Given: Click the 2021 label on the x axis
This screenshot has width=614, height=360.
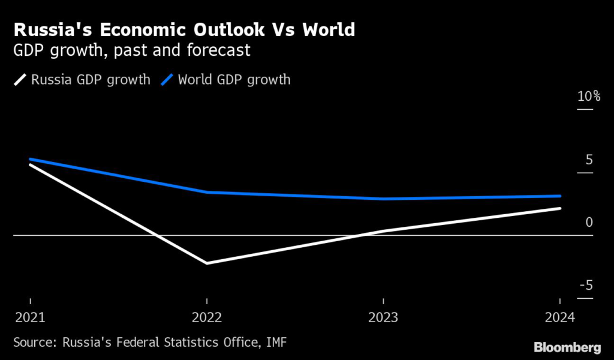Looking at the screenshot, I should pyautogui.click(x=30, y=317).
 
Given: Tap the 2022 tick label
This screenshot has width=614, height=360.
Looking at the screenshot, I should pyautogui.click(x=207, y=317).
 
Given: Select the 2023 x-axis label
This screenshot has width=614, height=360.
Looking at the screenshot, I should pyautogui.click(x=383, y=317).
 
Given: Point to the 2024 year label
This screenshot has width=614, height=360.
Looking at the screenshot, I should pyautogui.click(x=559, y=317).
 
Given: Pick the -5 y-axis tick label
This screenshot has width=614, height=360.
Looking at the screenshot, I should pyautogui.click(x=586, y=285).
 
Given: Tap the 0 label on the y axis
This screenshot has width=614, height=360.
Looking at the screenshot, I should pyautogui.click(x=589, y=223).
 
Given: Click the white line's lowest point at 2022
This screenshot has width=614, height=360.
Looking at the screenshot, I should pyautogui.click(x=207, y=263).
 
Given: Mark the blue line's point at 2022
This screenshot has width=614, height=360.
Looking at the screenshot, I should pyautogui.click(x=207, y=192).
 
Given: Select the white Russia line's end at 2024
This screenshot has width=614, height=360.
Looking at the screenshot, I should pyautogui.click(x=560, y=208).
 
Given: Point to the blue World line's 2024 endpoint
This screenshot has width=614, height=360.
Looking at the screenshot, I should pyautogui.click(x=560, y=196).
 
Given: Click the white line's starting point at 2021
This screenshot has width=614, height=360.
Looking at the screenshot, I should pyautogui.click(x=30, y=164).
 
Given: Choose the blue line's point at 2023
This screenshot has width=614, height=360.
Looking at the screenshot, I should pyautogui.click(x=383, y=199).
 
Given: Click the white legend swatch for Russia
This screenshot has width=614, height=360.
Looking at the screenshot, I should pyautogui.click(x=20, y=79).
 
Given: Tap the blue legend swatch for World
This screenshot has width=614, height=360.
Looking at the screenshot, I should pyautogui.click(x=168, y=79).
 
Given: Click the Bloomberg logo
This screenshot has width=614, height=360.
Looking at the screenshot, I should pyautogui.click(x=567, y=347).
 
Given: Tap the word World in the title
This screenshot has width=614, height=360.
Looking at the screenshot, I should pyautogui.click(x=328, y=29).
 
